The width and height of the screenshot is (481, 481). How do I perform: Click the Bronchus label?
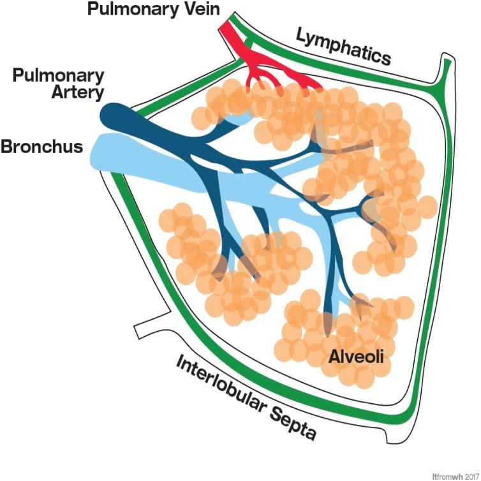(42, 147)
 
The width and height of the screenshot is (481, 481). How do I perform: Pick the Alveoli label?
(355, 357)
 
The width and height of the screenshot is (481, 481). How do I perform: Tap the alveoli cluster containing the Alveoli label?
(338, 338)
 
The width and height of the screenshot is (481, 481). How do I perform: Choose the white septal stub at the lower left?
(150, 325)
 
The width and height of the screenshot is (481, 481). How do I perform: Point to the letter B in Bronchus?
(8, 147)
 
